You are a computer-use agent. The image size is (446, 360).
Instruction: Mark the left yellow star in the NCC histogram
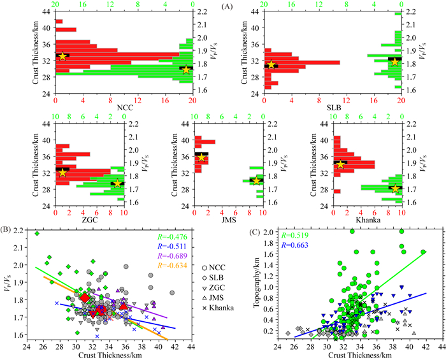pos(62,56)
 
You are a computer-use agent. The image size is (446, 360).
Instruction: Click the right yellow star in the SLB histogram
pos(395,62)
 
